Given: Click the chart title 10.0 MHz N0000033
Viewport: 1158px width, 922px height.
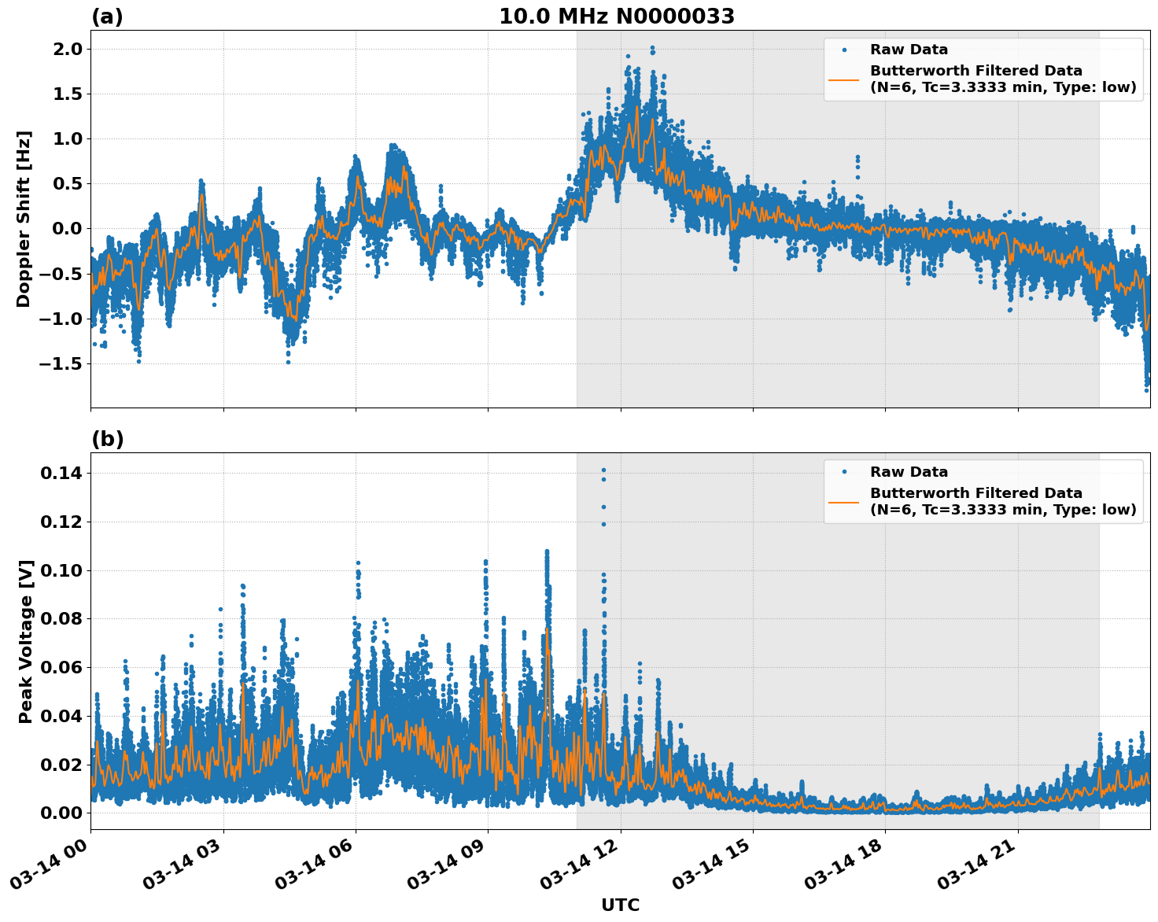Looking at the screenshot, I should click(x=617, y=17).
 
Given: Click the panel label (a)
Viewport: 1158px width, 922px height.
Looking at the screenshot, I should click(x=107, y=17).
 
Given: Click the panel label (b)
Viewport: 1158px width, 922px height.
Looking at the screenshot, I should click(x=107, y=439).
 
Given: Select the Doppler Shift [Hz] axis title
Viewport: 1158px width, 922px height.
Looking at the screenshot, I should click(x=24, y=219).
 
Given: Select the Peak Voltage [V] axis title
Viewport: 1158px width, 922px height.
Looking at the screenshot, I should click(x=26, y=641).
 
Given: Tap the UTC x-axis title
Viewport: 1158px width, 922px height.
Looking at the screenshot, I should click(x=620, y=905).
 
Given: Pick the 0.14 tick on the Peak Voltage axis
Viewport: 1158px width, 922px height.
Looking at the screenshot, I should click(x=61, y=473).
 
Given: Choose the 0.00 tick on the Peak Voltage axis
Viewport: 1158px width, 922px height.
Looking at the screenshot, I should click(x=61, y=813).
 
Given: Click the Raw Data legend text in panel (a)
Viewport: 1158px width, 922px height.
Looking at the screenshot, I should click(x=909, y=50).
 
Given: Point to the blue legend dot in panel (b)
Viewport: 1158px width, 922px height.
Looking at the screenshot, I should click(x=844, y=472).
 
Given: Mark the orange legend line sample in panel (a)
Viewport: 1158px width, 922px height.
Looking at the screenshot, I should click(x=844, y=79).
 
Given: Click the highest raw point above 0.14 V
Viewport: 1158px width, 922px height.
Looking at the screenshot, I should click(x=603, y=470).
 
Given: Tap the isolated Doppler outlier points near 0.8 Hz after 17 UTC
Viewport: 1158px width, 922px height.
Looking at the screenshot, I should click(x=857, y=161).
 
